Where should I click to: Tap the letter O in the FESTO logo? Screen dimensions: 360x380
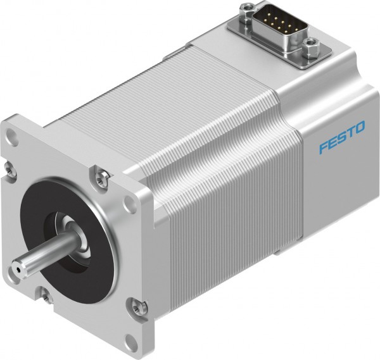pyautogui.click(x=359, y=128)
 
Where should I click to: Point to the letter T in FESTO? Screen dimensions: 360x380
pyautogui.click(x=350, y=133)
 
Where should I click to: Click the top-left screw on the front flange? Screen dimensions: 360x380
pyautogui.click(x=9, y=167)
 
